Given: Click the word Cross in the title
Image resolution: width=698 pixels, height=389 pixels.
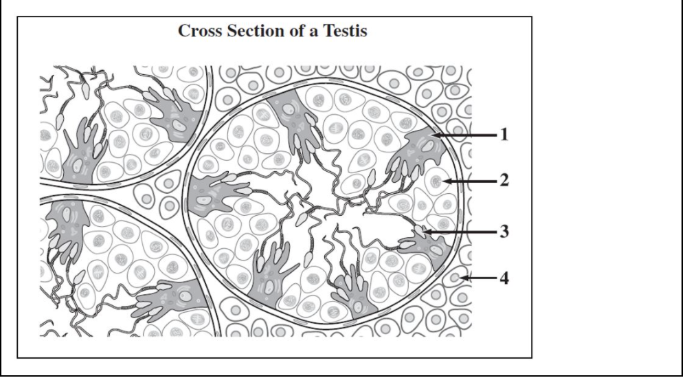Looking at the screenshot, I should pos(200,33).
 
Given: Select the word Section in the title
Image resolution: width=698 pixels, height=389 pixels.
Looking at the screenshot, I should pos(252,33).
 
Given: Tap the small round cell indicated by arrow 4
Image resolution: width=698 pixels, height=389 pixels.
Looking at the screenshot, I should pos(456,278).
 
